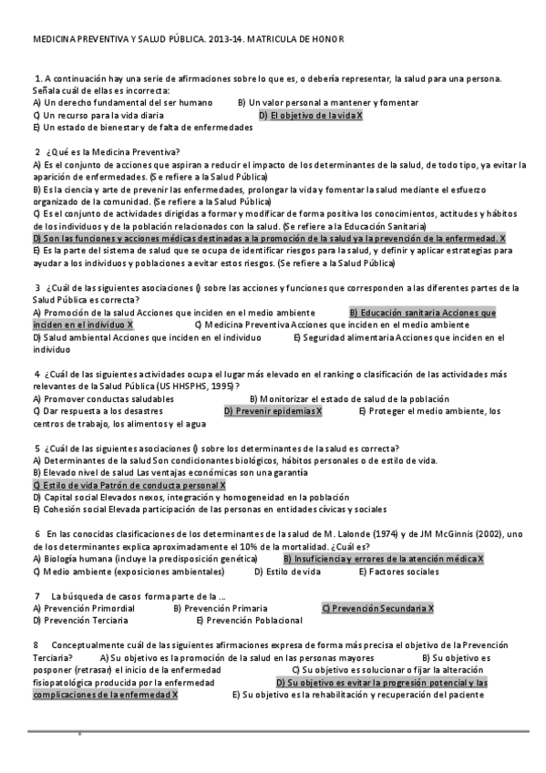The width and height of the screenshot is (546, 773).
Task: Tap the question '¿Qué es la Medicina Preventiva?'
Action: point(112,151)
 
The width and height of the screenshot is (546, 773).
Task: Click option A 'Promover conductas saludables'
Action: point(103,398)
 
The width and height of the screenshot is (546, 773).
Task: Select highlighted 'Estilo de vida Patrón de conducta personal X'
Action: point(129,486)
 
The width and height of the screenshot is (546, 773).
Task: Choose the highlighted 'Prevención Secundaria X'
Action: point(378,608)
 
